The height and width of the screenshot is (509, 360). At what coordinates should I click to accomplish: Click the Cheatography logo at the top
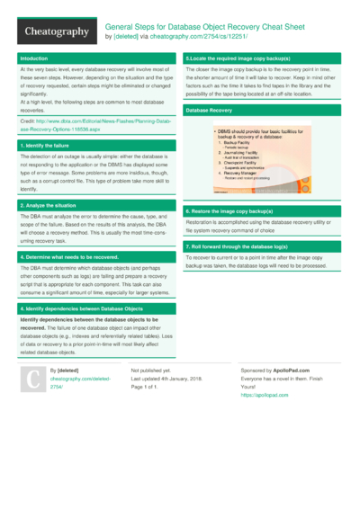point(56,32)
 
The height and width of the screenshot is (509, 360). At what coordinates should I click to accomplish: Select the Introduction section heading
point(35,58)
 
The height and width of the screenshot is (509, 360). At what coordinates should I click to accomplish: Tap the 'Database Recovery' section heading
point(209,109)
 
